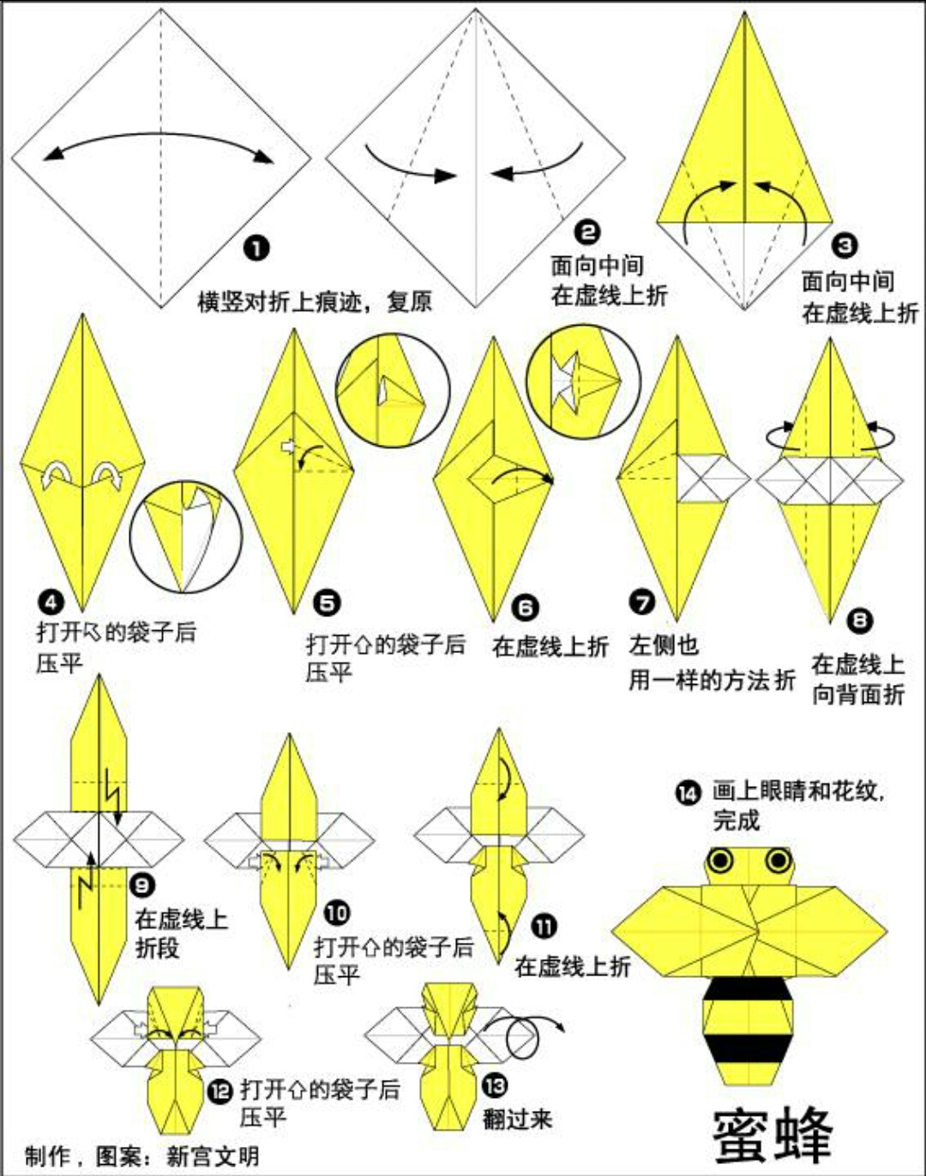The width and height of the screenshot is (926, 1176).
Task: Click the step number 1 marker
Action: pos(256,249)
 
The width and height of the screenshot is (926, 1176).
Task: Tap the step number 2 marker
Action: pos(587,231)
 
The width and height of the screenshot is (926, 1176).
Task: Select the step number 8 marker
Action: pos(859,619)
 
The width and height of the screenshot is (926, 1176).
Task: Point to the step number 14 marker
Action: pos(688,793)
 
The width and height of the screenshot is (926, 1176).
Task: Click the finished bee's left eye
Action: pos(721,859)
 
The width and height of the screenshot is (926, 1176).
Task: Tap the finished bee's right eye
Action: pos(778,859)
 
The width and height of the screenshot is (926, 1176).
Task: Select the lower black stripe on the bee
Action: pos(746,1047)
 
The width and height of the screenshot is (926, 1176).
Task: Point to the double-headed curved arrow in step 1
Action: pos(159,142)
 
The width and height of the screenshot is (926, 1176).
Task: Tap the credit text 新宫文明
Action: pos(213,1155)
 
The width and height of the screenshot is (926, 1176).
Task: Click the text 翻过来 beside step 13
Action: pos(517,1119)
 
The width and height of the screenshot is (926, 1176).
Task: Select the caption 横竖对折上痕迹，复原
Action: pos(315,302)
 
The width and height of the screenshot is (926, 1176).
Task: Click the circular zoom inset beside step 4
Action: pos(186,537)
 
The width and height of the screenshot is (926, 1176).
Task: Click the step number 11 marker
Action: pos(544,926)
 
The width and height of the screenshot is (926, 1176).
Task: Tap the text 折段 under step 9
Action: pos(158,948)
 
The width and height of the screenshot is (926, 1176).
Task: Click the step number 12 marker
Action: pos(220,1091)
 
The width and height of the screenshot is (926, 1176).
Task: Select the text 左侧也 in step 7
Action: pos(664,645)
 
